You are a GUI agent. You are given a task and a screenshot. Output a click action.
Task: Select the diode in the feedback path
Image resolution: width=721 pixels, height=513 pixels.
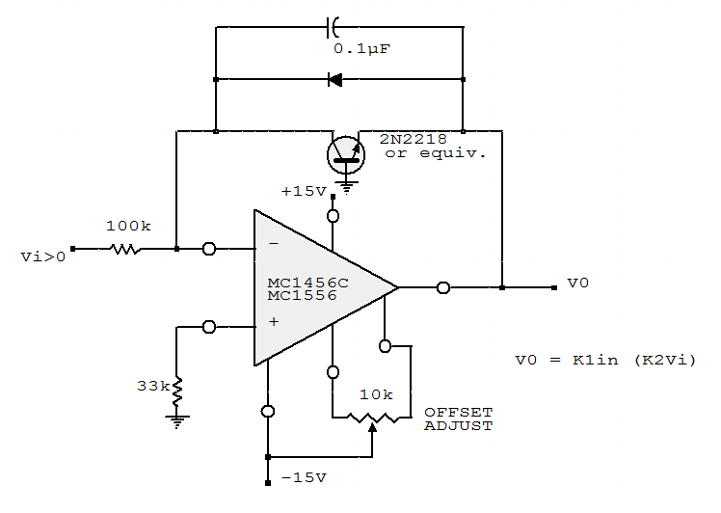335,79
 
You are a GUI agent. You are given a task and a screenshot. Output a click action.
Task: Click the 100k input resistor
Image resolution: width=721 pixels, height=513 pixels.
123,249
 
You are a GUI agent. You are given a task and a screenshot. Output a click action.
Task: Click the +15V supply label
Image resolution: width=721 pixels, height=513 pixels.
304,192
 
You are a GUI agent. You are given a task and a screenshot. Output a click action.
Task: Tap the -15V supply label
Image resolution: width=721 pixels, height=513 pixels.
304,477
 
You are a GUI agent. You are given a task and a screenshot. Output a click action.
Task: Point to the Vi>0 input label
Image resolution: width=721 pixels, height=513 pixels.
42,256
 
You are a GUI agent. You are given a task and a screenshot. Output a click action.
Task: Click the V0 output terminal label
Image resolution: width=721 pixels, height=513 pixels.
577,283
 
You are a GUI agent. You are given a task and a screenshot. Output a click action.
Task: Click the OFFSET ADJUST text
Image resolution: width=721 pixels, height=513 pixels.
458,418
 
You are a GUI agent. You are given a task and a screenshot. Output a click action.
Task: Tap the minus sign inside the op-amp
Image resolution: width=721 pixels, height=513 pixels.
273,245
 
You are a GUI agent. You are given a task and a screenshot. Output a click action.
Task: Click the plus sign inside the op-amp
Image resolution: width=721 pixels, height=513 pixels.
273,321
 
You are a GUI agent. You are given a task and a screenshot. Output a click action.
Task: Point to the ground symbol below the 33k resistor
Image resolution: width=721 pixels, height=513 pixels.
176,419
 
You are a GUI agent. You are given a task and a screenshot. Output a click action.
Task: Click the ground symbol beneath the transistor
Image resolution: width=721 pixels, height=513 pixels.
347,181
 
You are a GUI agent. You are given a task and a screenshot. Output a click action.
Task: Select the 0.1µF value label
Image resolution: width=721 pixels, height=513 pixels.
361,47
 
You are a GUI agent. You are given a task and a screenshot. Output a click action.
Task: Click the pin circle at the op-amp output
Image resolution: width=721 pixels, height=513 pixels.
442,286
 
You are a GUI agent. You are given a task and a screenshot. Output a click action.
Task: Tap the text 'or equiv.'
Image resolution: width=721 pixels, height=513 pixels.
436,153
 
